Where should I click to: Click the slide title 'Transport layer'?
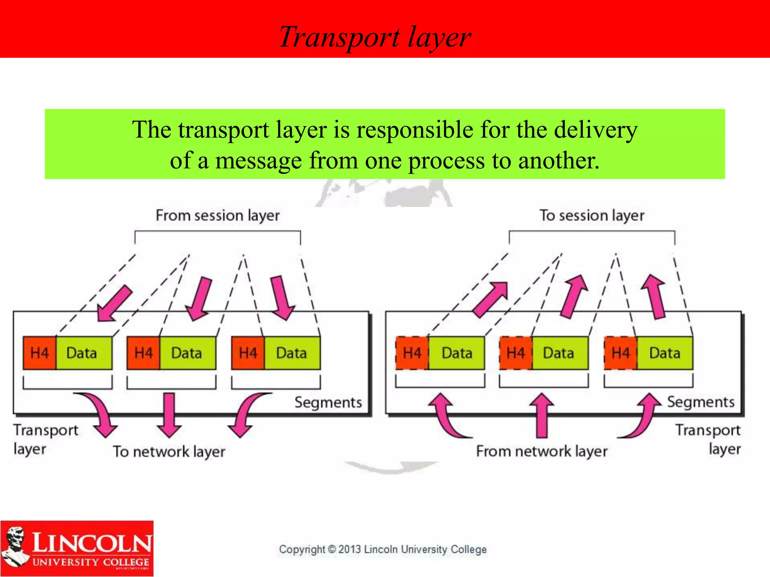point(375,37)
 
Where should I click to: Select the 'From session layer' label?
point(218,216)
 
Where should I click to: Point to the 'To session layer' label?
point(592,216)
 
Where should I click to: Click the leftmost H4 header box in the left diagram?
point(39,353)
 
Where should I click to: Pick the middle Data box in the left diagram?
point(187,353)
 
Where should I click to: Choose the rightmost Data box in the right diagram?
point(665,353)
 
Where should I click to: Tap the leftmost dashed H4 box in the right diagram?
point(412,353)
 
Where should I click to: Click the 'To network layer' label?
point(169,452)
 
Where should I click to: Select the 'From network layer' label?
point(541,451)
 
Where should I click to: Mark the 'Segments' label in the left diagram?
point(328,402)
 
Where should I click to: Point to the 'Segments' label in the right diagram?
point(700,402)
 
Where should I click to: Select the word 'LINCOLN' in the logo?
point(92,542)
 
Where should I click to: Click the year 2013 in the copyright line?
point(350,549)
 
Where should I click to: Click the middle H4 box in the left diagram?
point(144,353)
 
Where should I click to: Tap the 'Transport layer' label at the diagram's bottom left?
point(45,439)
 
